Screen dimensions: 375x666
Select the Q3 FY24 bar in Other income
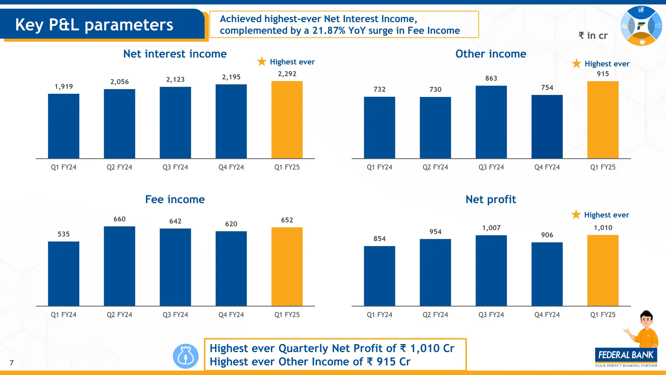tap(491, 122)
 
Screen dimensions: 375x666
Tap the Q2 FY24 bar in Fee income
tap(119, 266)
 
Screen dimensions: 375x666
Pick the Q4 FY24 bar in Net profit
tap(547, 274)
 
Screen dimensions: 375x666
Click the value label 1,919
tap(64, 87)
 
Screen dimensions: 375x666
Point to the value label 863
tap(491, 78)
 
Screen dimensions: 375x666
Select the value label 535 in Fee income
tap(64, 234)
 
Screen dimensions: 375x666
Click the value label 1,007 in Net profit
tap(491, 228)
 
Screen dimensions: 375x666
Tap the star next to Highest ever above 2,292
tap(262, 61)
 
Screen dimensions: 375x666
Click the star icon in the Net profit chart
tap(576, 214)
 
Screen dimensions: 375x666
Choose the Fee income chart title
tap(175, 199)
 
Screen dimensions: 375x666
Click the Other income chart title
tap(490, 54)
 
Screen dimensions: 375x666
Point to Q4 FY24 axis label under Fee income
tap(231, 314)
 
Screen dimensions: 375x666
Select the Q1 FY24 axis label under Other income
tap(379, 167)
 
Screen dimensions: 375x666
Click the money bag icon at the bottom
tap(186, 356)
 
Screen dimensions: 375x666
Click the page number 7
tap(12, 363)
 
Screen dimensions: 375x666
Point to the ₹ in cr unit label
tap(593, 35)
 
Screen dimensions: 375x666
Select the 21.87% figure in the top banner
tap(329, 31)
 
